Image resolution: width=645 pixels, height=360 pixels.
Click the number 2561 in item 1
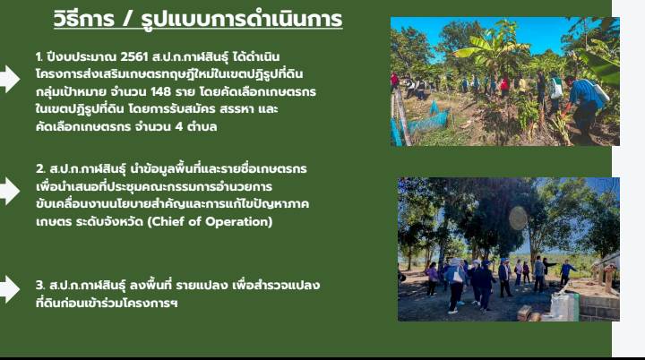(x=133, y=56)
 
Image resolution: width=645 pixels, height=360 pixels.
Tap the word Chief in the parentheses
(x=169, y=221)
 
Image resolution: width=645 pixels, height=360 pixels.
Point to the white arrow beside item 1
(x=9, y=79)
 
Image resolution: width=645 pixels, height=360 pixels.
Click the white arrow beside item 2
(x=9, y=191)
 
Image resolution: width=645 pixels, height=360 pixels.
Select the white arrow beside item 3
(x=9, y=289)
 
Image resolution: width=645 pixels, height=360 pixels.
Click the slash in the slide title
(x=127, y=20)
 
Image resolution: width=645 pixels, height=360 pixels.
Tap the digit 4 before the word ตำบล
(x=178, y=126)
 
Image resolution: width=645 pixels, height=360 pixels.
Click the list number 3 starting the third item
(x=40, y=285)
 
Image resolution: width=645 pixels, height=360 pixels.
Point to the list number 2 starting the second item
(x=40, y=168)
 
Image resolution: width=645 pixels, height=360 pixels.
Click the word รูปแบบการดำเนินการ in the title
(x=242, y=19)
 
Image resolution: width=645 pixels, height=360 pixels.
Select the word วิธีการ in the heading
(x=84, y=19)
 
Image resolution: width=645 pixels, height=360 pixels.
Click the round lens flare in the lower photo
(x=518, y=218)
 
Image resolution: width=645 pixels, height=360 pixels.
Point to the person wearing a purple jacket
(x=432, y=279)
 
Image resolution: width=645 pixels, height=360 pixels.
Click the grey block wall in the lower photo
(x=598, y=308)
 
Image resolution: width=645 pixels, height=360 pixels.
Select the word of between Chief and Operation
(x=196, y=221)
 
